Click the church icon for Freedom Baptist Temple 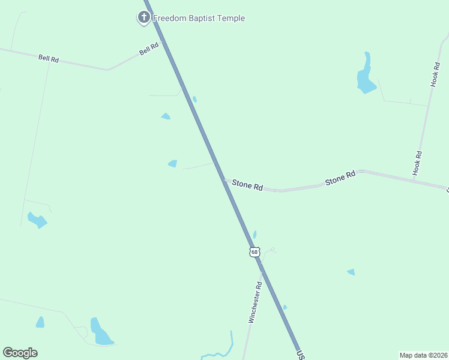click(143, 18)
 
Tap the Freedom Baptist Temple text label click(199, 18)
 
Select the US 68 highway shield click(255, 252)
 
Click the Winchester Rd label click(255, 302)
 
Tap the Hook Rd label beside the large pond click(436, 73)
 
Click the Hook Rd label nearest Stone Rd click(418, 163)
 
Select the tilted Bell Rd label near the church click(149, 49)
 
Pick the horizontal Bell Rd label click(49, 58)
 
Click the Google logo click(20, 353)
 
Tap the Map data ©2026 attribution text click(423, 355)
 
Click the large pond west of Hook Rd click(365, 75)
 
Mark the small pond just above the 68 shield click(255, 235)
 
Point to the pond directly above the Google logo click(40, 323)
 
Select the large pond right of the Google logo click(100, 333)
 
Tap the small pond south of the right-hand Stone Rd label click(351, 272)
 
